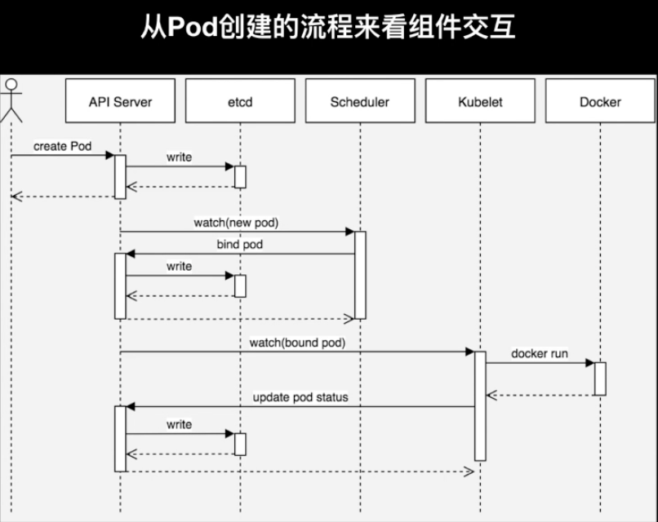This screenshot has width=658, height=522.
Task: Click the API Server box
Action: tap(120, 100)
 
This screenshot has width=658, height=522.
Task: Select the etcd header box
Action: tap(240, 100)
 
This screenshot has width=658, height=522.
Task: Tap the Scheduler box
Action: tap(360, 100)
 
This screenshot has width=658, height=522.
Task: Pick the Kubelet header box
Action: tap(480, 100)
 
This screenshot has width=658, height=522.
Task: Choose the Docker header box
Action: tap(600, 100)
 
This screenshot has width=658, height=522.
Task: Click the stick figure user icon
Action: tap(11, 100)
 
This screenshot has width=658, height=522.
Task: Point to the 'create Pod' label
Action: tap(63, 146)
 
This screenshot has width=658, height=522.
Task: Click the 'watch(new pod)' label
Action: tap(236, 223)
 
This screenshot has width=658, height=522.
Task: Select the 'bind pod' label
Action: tap(240, 244)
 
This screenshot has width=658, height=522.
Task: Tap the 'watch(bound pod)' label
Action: tap(297, 343)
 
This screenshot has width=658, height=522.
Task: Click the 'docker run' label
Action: tap(540, 353)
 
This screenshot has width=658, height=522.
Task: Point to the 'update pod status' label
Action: tap(300, 397)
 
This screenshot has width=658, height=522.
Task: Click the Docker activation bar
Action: tap(600, 378)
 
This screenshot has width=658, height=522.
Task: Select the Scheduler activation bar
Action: tap(360, 275)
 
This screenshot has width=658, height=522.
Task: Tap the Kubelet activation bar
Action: tap(480, 406)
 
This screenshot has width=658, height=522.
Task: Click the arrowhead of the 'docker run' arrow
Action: tap(590, 363)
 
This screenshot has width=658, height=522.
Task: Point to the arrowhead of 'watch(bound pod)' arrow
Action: tap(470, 352)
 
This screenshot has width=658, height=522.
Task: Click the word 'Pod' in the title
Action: tap(193, 26)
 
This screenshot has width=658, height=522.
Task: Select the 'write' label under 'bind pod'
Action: tap(179, 266)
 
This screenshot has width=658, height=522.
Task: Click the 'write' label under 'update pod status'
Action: tap(179, 424)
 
